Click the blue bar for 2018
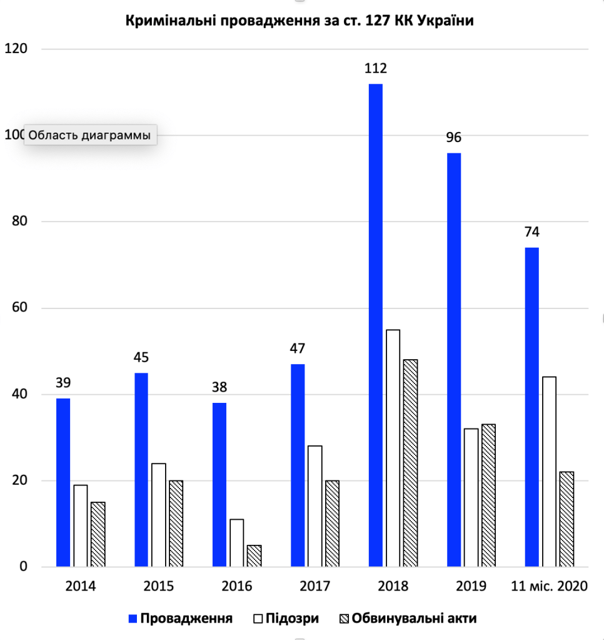375,325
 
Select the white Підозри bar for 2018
393,448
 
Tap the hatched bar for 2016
236,556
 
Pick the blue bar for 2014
63,482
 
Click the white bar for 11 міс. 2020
549,472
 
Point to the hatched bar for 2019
488,495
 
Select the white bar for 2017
315,506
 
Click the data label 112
376,68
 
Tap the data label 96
453,138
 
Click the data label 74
531,232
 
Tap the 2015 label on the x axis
158,587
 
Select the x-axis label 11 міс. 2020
550,587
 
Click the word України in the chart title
443,21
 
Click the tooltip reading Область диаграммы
90,135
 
